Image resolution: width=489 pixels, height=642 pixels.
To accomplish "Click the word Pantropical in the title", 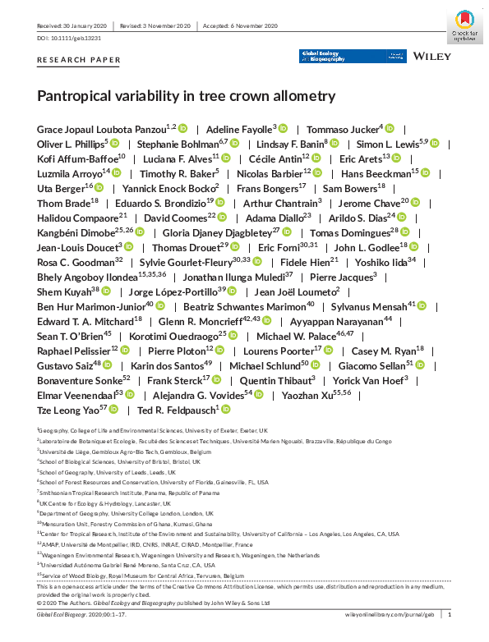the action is (x=74, y=95).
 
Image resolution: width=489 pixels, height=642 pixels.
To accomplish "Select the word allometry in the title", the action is (x=303, y=95).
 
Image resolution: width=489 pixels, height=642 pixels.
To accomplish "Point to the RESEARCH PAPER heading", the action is (x=79, y=61).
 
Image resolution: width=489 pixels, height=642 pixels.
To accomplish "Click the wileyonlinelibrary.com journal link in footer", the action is (x=386, y=614).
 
